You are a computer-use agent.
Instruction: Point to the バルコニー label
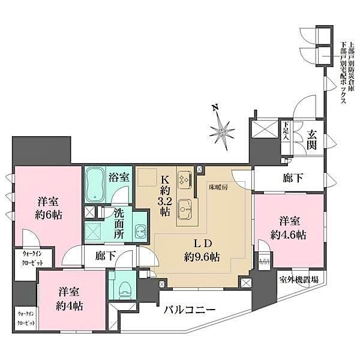(x=191, y=310)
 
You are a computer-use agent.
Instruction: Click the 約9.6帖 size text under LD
(x=202, y=257)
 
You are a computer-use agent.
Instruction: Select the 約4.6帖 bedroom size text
(x=289, y=235)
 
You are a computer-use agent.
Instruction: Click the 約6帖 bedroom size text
(x=45, y=215)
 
